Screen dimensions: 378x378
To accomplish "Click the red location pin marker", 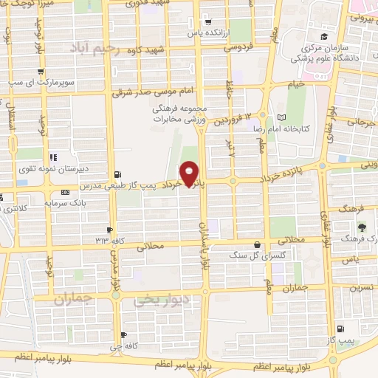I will click(x=190, y=173).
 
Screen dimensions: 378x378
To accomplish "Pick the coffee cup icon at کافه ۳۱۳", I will click(x=110, y=230).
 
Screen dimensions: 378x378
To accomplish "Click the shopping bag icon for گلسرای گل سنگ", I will click(x=257, y=244).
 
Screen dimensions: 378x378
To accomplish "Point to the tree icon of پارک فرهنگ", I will click(x=362, y=227).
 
